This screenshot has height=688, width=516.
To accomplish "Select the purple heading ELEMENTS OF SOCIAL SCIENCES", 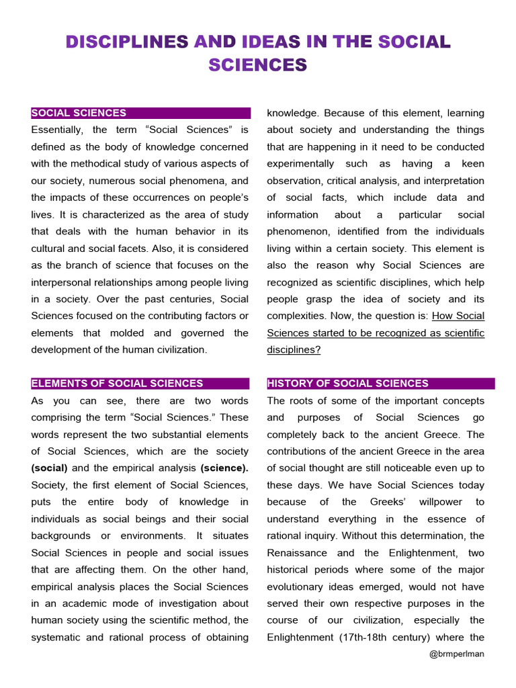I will pos(117,384).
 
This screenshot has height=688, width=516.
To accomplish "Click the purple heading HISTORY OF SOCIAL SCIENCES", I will pos(347,384).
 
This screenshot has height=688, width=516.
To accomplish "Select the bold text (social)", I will pos(49,468).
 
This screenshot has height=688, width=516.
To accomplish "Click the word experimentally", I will pos(300,163).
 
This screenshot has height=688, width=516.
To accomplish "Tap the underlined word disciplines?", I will pos(294,349).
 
